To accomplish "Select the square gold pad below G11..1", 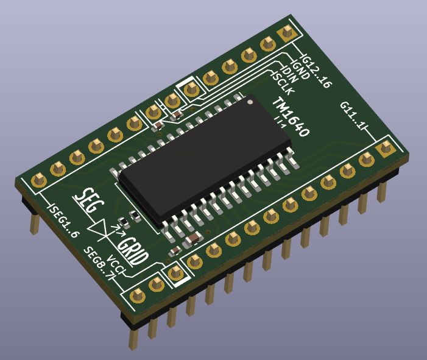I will point(385,148).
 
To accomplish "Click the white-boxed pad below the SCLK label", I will point(191,89).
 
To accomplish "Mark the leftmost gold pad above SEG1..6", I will point(38,180).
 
